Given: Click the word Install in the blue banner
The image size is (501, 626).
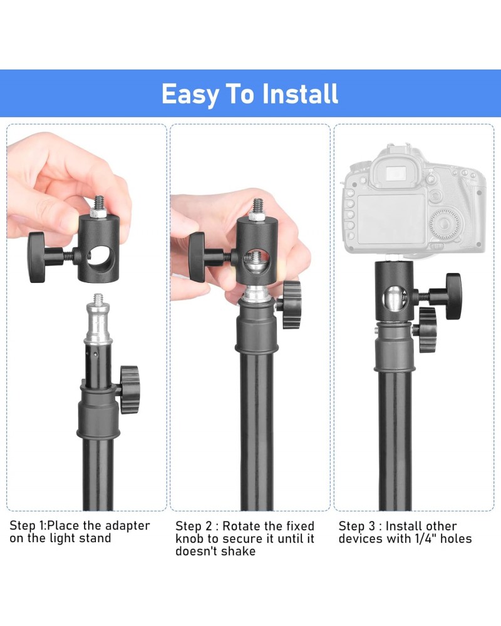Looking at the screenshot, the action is coord(299,94).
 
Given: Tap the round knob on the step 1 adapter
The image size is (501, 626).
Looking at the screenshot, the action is coord(37,257).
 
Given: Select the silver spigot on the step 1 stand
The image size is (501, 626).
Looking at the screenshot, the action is coord(98,319).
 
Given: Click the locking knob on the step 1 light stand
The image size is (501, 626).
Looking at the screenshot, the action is coord(130,389).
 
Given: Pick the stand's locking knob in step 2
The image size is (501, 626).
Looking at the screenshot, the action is coord(291,304).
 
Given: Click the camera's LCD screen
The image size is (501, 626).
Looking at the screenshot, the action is coord(391,218).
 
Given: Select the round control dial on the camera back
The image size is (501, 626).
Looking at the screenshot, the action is coord(445,225).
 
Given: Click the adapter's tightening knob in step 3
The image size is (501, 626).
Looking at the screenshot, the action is coord(453,296).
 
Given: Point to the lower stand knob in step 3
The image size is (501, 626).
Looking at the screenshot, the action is coord(428,330).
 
